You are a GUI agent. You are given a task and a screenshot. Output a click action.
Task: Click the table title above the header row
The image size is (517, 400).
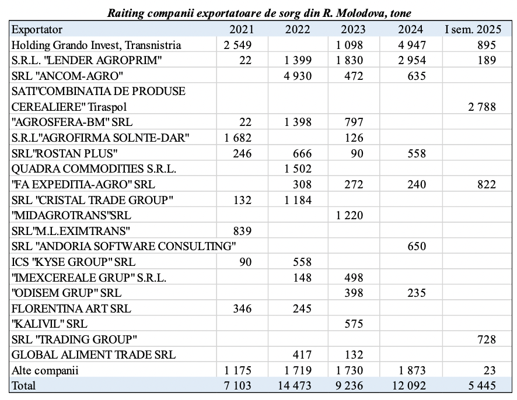[259, 13]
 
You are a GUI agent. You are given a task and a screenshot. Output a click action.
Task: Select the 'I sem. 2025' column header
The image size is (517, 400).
[473, 29]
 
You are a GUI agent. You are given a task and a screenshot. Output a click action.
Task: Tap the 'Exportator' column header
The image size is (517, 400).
[37, 29]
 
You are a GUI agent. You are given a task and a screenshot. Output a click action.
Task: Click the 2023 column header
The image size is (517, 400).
[353, 29]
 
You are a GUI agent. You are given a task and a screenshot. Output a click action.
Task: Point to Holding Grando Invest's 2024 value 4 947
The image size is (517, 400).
[412, 45]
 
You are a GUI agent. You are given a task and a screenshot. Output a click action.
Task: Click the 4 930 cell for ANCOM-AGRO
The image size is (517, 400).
[298, 76]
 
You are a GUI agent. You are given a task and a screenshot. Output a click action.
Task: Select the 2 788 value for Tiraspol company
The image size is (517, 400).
[482, 107]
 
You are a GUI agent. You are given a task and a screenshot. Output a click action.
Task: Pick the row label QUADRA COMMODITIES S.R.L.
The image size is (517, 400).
[93, 169]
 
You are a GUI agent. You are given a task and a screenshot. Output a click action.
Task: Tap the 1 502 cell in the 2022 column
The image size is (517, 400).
[298, 169]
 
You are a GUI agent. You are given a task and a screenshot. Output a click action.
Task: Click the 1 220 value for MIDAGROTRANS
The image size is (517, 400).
[349, 216]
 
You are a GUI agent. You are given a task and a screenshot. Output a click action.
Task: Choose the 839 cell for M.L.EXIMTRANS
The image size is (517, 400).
[242, 231]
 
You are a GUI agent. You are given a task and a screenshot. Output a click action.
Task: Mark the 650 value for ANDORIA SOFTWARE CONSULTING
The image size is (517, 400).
[417, 246]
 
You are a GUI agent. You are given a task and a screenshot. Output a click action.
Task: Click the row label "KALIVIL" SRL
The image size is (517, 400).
[50, 324]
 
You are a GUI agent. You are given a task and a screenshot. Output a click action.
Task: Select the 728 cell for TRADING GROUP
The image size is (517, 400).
[487, 339]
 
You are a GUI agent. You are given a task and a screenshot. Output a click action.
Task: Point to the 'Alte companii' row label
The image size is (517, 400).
[45, 371]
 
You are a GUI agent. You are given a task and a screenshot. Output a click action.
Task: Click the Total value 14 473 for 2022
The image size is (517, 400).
[295, 385]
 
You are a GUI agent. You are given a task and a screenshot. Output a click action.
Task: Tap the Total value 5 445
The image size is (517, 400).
[482, 385]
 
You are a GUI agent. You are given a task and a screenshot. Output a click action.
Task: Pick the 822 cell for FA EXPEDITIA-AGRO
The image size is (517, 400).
[487, 184]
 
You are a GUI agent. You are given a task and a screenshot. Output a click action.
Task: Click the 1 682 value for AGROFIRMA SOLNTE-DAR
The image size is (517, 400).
[237, 138]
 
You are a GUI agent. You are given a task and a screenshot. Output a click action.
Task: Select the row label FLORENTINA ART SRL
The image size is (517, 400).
[71, 308]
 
